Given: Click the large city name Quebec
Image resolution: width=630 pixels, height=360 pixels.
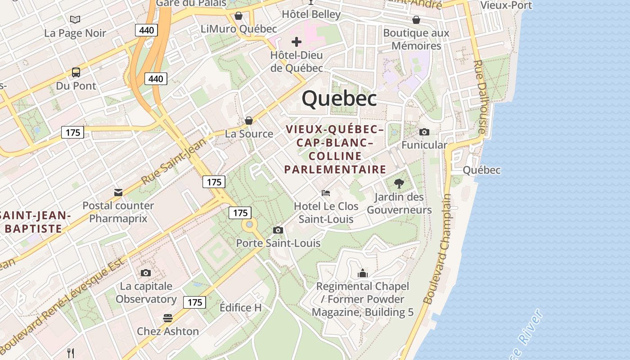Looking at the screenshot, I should (339, 98).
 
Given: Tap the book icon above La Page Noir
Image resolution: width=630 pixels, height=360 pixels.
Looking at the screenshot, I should (75, 19).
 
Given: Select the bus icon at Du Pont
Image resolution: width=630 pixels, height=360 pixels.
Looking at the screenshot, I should (76, 72).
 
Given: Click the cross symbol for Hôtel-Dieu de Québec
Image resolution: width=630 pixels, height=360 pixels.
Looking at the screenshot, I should (296, 42).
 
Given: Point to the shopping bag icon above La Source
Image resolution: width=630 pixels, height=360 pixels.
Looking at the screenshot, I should (248, 121).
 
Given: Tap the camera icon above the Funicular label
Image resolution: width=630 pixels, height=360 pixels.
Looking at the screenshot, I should (424, 132).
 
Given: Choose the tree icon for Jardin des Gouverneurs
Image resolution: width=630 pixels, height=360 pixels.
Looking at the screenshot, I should (399, 183).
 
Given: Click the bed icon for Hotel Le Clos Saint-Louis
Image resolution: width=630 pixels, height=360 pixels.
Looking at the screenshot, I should (326, 193).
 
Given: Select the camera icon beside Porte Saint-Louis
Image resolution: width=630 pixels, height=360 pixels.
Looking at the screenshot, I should (278, 230).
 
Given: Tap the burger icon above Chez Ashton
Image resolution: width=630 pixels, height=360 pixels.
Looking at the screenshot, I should (168, 318).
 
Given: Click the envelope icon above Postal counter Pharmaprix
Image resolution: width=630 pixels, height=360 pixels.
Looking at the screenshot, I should (118, 193).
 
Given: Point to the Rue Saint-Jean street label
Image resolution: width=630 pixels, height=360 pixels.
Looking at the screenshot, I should (173, 162).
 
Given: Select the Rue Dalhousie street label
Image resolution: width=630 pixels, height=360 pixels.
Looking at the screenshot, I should (481, 97).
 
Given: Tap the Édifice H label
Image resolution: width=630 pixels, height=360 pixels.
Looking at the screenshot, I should (240, 308).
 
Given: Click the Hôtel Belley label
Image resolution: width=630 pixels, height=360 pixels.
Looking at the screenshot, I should (311, 14).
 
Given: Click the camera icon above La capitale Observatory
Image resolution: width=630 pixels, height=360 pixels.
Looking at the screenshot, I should (145, 273).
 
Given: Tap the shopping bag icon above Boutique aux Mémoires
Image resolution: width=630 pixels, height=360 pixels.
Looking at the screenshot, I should (416, 20).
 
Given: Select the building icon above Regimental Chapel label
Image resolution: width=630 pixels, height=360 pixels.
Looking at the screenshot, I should (363, 273).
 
